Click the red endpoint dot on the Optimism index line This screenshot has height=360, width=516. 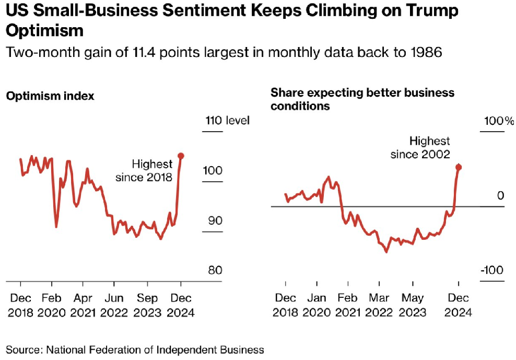click(181, 156)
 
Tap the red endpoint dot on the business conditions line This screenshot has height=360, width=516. click(459, 167)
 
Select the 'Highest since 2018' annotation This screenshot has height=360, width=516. click(144, 171)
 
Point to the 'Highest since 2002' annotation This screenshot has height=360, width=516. click(422, 148)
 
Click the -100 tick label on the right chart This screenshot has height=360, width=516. click(492, 271)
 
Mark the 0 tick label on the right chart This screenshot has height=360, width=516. click(500, 196)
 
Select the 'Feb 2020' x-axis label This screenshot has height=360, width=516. click(52, 305)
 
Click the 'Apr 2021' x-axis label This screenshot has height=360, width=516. click(83, 305)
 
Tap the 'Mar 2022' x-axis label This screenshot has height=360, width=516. click(380, 305)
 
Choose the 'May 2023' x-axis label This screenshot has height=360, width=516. click(412, 305)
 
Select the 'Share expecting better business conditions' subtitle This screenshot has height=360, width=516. click(362, 99)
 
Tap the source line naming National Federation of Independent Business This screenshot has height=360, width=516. click(135, 350)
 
